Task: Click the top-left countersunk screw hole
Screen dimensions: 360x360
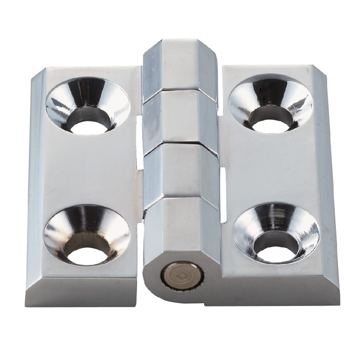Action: [x=88, y=106]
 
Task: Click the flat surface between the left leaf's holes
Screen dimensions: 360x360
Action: [x=88, y=169]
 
